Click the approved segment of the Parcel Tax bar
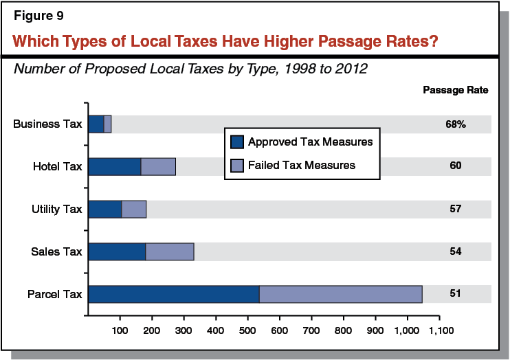[174, 294]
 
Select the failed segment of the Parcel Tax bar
[340, 294]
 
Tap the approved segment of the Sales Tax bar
[117, 251]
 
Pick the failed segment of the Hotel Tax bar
[158, 166]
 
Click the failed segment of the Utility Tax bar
[134, 209]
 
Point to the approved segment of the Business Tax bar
[96, 124]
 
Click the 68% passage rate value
[455, 124]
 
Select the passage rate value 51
[455, 294]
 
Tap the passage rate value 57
[455, 209]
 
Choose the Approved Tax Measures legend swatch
[237, 142]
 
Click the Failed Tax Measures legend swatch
[237, 165]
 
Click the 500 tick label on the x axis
[248, 331]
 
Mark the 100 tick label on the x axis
[120, 331]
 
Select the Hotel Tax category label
[57, 166]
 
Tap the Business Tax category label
[48, 124]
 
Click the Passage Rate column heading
[455, 90]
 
